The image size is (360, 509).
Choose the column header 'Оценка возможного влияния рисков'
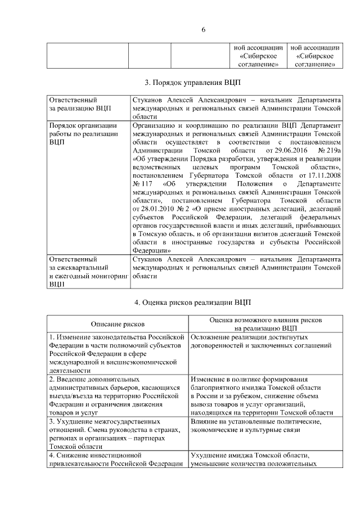[x=265, y=319]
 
